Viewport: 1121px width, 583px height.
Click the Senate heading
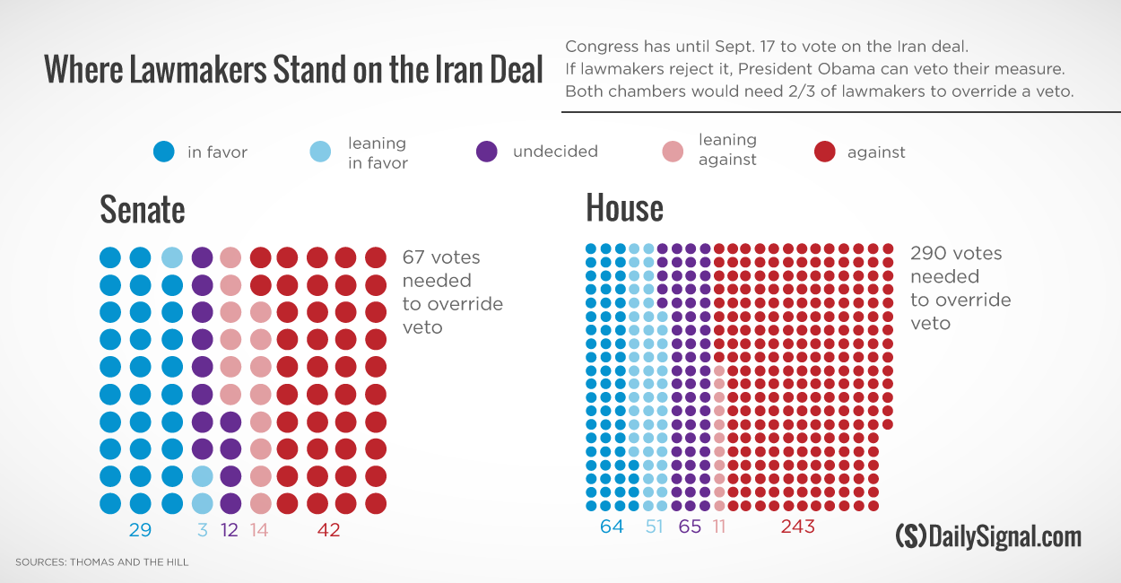tap(143, 210)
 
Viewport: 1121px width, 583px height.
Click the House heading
tap(624, 208)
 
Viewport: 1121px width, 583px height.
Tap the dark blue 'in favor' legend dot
tap(163, 152)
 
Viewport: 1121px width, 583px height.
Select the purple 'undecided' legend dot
tap(486, 152)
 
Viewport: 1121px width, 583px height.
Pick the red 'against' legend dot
tap(824, 152)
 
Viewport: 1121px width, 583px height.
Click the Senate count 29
tap(140, 530)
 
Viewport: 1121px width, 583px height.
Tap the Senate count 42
tap(329, 530)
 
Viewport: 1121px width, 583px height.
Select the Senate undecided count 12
tap(229, 530)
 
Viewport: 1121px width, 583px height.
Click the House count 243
tap(797, 526)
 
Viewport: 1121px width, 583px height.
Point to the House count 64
tap(612, 526)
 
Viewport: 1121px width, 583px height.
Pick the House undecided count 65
tap(690, 526)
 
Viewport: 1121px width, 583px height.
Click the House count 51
tap(654, 526)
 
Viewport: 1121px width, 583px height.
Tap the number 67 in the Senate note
tap(413, 257)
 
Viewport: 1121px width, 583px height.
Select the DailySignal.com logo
tap(988, 536)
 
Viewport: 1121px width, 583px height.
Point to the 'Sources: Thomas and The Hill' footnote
tap(101, 562)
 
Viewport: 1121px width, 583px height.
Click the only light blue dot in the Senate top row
tap(172, 257)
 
